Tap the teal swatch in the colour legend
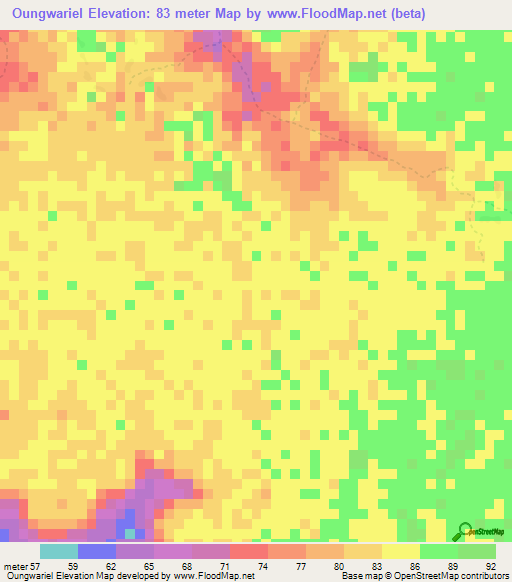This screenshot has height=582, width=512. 58,552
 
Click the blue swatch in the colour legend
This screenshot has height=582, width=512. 96,552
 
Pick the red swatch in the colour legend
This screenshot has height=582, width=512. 248,552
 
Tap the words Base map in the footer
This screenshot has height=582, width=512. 360,575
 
